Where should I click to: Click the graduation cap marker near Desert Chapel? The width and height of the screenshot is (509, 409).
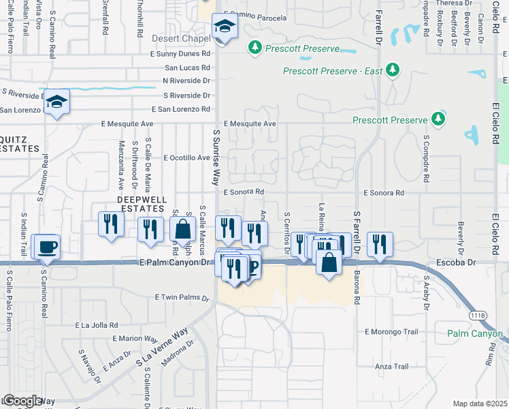[x=225, y=27]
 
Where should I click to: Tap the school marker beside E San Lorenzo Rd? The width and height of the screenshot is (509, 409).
[x=57, y=102]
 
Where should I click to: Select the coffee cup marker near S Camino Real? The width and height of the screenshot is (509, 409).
[x=47, y=247]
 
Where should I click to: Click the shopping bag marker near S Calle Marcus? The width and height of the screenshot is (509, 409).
[x=183, y=228]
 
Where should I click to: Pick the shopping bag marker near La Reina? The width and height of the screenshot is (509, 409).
[x=329, y=262]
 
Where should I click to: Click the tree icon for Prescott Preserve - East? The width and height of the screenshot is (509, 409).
[x=392, y=70]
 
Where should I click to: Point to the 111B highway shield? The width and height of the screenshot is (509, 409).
[x=479, y=316]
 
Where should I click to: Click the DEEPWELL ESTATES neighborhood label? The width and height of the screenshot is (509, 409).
[x=143, y=203]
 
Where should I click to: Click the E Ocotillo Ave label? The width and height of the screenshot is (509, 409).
[x=186, y=157]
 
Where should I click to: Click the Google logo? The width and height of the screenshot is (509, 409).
[x=22, y=401]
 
